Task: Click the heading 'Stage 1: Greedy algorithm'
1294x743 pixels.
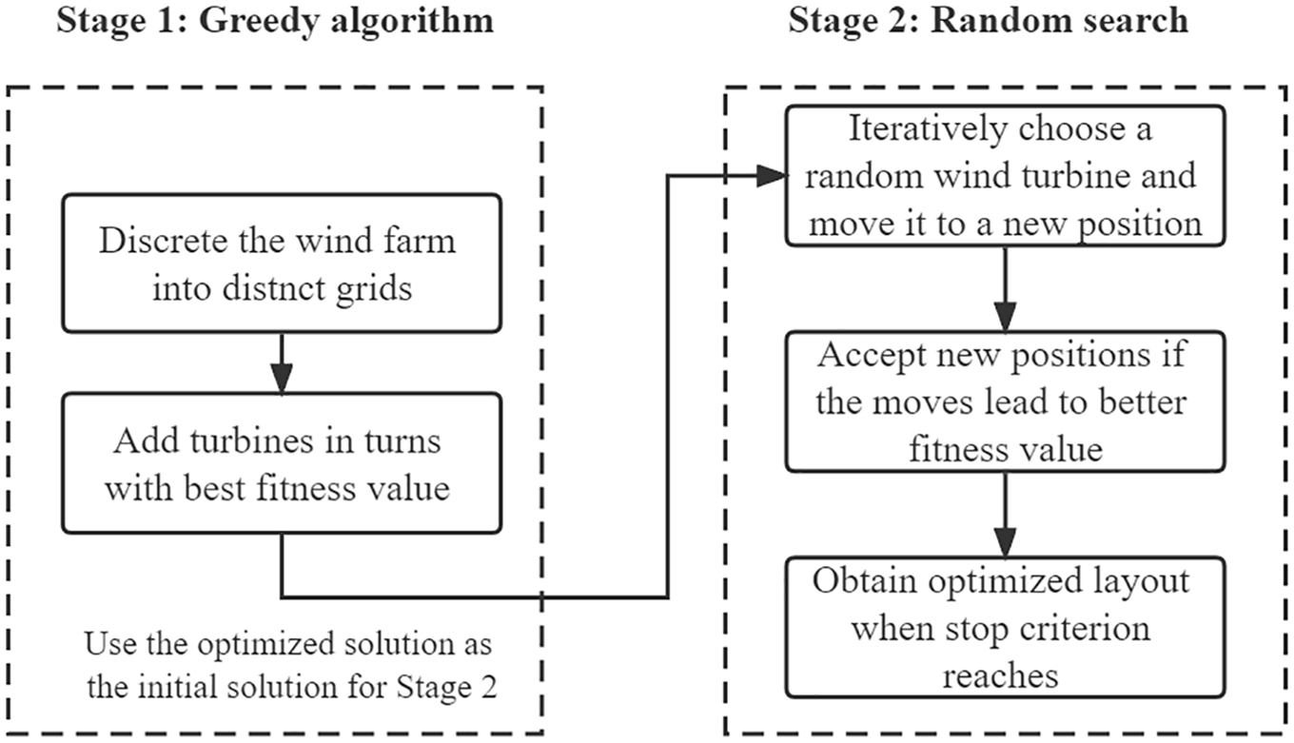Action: point(275,20)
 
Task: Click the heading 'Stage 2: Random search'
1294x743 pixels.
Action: point(988,20)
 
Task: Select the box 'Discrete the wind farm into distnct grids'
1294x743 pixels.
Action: point(281,262)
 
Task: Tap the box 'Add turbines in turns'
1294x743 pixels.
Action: point(281,462)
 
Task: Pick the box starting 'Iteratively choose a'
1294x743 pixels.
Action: point(1004,176)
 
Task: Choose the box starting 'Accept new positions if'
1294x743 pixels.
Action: point(1004,401)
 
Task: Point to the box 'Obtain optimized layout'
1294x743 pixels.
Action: point(1004,627)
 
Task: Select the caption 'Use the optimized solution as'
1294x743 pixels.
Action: point(288,644)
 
